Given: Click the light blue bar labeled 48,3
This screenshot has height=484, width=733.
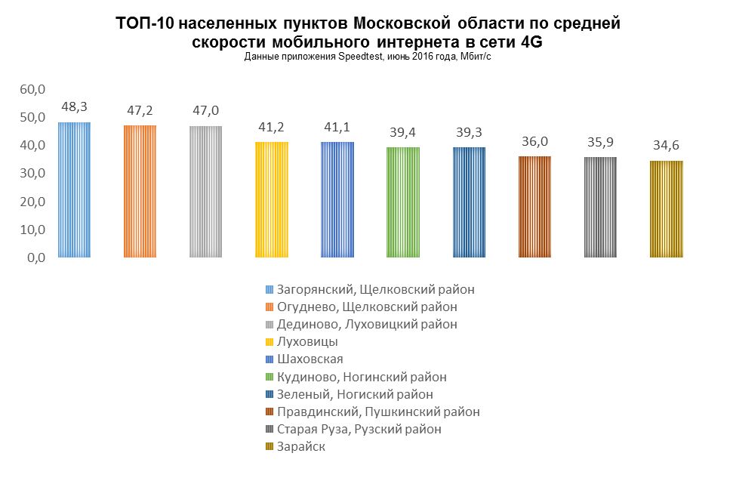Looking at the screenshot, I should click(74, 190).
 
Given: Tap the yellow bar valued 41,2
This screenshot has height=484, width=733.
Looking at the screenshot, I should click(272, 199).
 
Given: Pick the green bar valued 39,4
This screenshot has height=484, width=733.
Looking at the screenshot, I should click(403, 202).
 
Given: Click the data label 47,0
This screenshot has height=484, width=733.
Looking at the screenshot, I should click(205, 111).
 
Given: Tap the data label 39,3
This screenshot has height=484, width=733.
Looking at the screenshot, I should click(469, 132).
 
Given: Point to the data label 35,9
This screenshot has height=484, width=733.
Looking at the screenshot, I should click(600, 142).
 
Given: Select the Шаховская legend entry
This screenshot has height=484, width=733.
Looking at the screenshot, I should click(310, 359).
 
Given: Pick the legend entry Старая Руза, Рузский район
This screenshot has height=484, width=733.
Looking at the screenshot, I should click(359, 430).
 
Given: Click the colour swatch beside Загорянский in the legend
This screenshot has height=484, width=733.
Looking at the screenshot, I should click(270, 290).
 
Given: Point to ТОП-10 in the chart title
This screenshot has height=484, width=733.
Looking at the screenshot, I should click(142, 24).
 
